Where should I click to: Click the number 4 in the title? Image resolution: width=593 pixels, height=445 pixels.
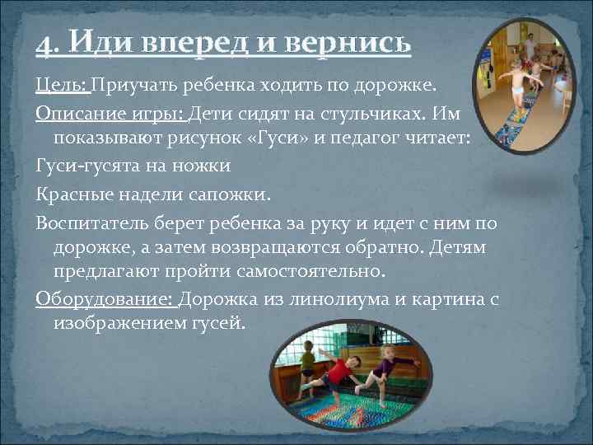[42, 42]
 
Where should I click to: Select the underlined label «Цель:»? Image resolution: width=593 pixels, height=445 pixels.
[63, 87]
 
